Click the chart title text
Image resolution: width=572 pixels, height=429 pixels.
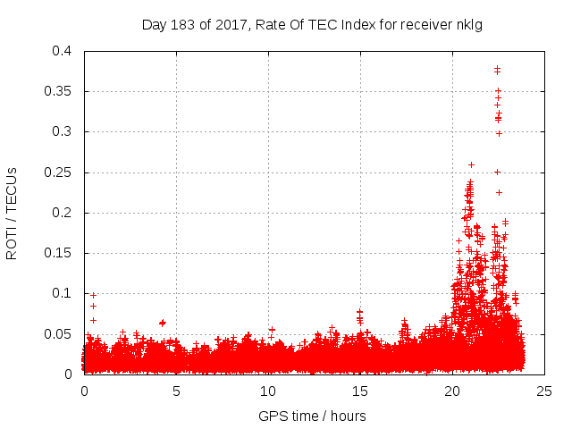tap(312, 24)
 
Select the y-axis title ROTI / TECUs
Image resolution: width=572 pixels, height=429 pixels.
tap(12, 213)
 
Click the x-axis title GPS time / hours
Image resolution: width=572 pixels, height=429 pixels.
tap(312, 416)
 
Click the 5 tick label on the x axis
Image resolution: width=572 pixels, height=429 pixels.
tap(176, 391)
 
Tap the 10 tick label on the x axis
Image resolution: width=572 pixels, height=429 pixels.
tap(268, 391)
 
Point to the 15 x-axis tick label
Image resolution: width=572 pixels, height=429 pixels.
tap(360, 391)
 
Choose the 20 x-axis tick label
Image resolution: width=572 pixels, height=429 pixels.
tap(452, 391)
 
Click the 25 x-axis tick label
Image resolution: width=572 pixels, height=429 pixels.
tap(544, 391)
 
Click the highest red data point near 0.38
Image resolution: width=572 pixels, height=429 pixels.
tap(497, 68)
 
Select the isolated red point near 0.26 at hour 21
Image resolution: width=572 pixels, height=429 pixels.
tap(471, 164)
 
